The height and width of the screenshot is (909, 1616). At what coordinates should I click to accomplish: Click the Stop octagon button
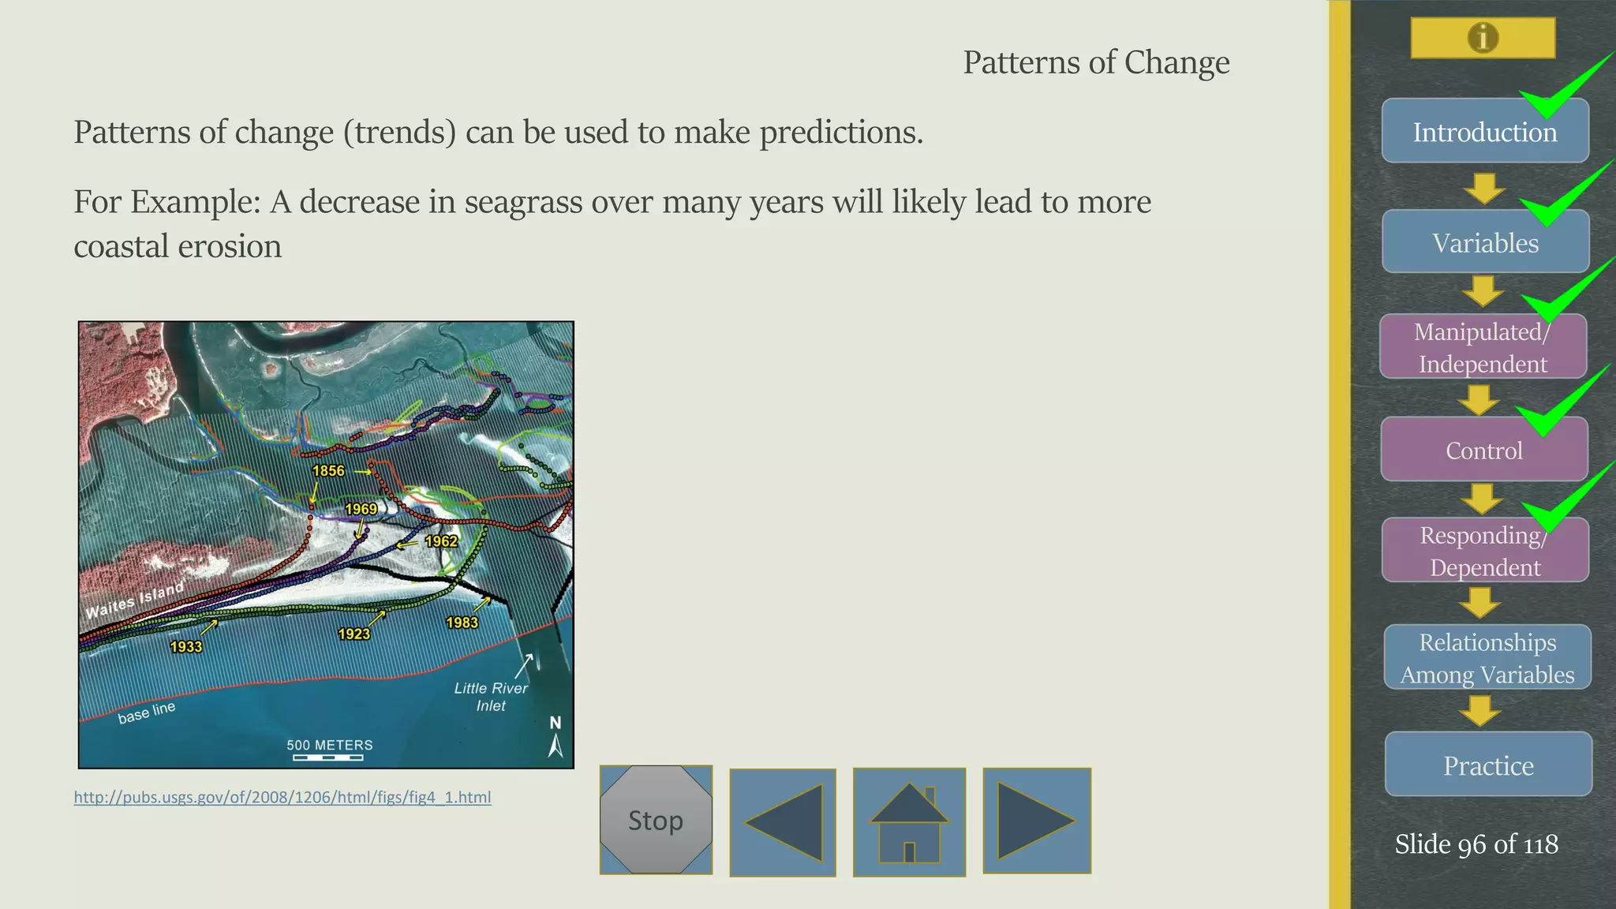[x=656, y=820]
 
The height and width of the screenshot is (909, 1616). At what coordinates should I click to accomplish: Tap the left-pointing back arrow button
[x=783, y=822]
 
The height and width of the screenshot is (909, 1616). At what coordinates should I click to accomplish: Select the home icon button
[x=909, y=822]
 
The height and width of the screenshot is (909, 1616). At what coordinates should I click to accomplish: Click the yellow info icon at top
[x=1483, y=38]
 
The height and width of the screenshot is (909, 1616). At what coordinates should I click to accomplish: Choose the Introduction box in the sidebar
[x=1484, y=132]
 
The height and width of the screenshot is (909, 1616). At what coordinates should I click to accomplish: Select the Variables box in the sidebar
[x=1484, y=242]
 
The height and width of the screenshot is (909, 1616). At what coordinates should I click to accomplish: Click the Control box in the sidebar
[x=1483, y=450]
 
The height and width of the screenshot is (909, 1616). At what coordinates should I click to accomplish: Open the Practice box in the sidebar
[x=1487, y=765]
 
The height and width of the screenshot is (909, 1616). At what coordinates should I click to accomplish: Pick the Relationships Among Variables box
[x=1487, y=657]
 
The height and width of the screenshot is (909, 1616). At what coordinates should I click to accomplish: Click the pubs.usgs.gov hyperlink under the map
[x=282, y=797]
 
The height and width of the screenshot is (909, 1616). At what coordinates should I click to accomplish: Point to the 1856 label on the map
[x=328, y=471]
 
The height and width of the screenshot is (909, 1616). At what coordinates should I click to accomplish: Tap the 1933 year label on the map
[x=186, y=647]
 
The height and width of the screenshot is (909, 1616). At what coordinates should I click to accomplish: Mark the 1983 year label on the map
[x=462, y=623]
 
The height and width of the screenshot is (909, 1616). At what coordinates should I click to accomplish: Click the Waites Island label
[x=135, y=600]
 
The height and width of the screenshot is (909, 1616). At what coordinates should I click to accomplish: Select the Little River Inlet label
[x=491, y=697]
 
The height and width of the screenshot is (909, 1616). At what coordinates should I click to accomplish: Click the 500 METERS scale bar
[x=329, y=750]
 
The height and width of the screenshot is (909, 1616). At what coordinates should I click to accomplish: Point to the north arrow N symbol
[x=555, y=736]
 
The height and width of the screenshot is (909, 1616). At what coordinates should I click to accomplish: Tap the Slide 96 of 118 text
[x=1476, y=844]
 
